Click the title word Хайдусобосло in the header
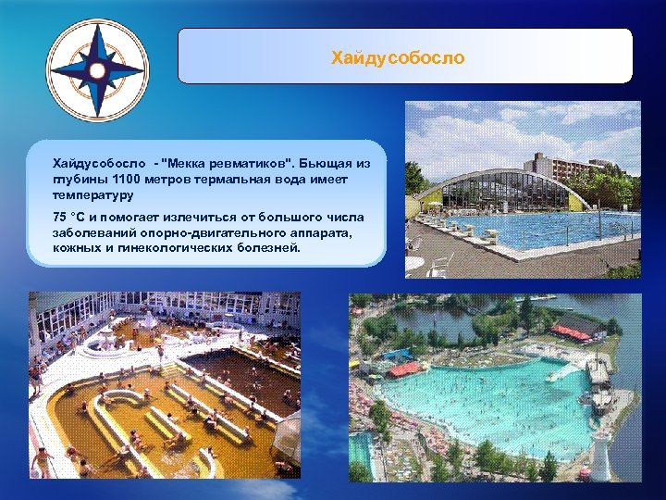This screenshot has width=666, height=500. [x=398, y=58]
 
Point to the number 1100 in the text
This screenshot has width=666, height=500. [x=128, y=180]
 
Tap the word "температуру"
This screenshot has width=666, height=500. [x=93, y=196]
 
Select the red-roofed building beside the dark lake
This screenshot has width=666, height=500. [x=578, y=327]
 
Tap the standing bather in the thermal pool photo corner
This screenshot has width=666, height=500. [x=41, y=459]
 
